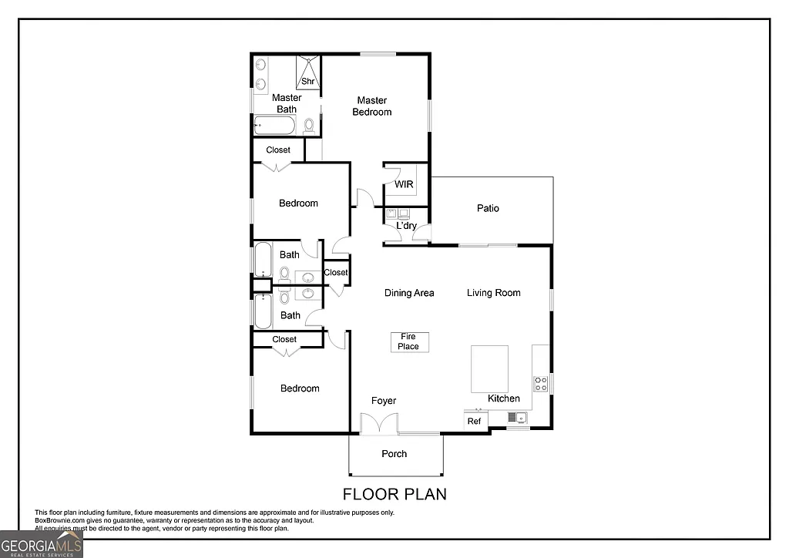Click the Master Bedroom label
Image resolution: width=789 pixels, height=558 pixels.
click(x=371, y=106)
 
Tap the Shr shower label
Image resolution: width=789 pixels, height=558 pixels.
click(x=307, y=81)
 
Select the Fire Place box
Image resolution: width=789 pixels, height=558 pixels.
click(x=408, y=342)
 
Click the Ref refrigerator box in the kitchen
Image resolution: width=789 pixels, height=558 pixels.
click(x=475, y=421)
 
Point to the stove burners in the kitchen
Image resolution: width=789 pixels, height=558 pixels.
click(x=541, y=383)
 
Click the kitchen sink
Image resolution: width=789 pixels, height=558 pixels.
click(x=517, y=418)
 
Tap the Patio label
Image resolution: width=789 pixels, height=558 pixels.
click(x=488, y=208)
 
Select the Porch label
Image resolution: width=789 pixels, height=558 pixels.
click(x=394, y=454)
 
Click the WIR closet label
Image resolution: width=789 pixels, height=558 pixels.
click(x=404, y=185)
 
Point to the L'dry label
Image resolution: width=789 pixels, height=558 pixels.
click(x=406, y=226)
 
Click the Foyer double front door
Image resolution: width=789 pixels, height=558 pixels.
click(x=379, y=424)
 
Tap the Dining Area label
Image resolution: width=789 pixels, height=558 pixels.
click(x=409, y=293)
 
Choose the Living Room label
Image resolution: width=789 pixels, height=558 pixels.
click(x=493, y=293)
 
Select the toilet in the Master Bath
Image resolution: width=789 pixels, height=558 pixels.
click(x=309, y=125)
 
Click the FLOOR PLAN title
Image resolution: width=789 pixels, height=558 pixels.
click(x=394, y=494)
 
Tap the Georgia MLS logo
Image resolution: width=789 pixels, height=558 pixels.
click(x=41, y=544)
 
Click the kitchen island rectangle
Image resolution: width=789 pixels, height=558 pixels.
click(x=489, y=368)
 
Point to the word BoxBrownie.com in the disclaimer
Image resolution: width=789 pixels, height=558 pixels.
click(x=61, y=521)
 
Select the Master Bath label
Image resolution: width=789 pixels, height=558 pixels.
click(x=287, y=103)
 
